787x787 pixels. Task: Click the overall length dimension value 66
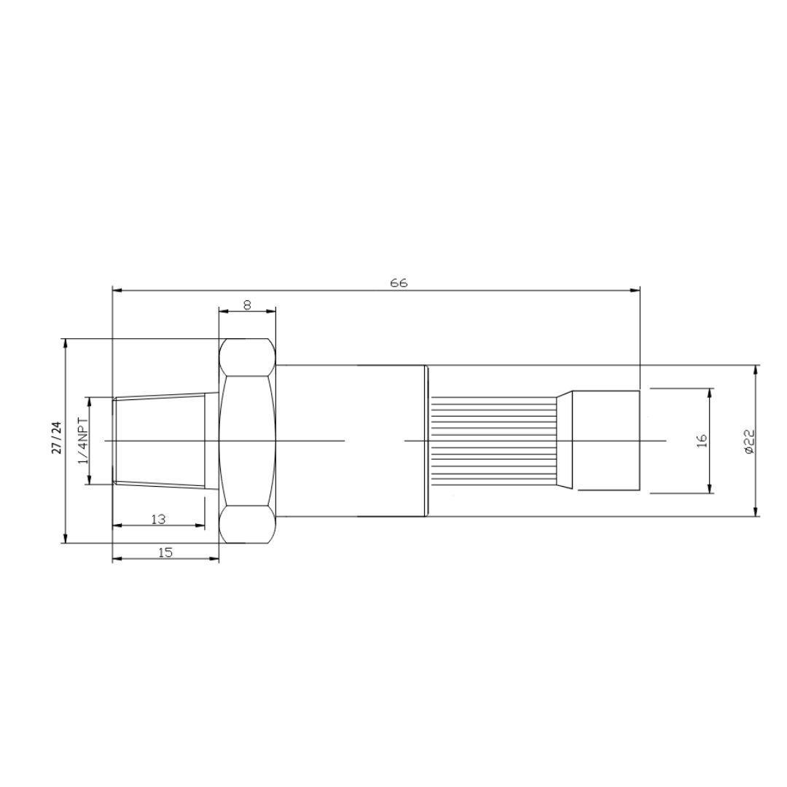click(x=399, y=283)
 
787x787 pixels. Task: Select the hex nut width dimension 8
click(x=248, y=305)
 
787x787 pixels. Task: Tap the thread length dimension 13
click(x=159, y=519)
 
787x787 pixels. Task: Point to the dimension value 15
click(x=165, y=552)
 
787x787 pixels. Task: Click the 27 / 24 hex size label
click(x=58, y=437)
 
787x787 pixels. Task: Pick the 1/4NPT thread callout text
click(x=83, y=441)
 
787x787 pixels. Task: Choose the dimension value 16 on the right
click(x=702, y=440)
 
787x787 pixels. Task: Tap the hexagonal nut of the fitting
click(x=248, y=441)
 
